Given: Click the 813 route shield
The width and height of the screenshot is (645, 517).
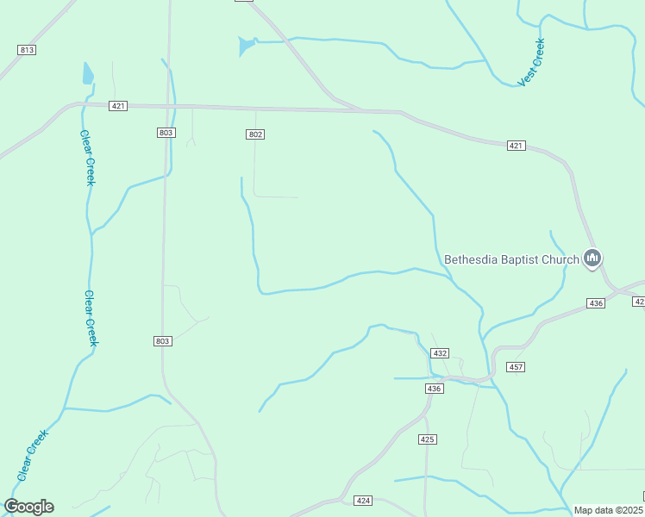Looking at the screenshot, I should point(27,50).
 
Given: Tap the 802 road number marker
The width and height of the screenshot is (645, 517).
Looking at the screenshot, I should point(254,134).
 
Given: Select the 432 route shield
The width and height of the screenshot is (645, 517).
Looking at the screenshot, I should point(441,353).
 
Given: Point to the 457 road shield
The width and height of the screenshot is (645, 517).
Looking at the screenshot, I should point(516,367).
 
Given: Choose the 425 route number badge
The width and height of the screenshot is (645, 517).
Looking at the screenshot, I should point(428,439).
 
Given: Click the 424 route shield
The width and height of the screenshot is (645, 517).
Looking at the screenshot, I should point(363,501).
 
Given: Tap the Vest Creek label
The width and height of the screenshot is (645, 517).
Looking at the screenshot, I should point(531,63).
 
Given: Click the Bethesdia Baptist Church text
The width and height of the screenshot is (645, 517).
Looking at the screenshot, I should point(511,258).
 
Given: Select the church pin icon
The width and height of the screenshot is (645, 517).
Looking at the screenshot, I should point(592,258).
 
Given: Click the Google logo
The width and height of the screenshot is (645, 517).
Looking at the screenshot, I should point(28,507).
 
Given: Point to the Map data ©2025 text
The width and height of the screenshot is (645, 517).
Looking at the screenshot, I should point(609,510).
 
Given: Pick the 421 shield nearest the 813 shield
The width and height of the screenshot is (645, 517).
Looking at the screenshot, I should point(119,106).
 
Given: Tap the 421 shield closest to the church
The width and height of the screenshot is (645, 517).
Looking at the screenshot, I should point(516,146).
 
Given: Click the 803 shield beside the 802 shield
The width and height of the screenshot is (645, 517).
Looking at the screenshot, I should point(166,133).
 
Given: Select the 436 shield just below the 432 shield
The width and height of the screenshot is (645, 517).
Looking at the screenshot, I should point(434,389).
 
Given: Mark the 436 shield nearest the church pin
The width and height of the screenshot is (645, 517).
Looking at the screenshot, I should point(596,303).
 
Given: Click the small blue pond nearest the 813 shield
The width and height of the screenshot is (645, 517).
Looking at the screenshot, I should point(87,73).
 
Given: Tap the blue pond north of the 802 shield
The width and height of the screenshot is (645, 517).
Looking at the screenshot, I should point(247,45).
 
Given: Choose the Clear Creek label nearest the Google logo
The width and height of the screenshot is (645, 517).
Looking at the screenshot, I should point(30,456).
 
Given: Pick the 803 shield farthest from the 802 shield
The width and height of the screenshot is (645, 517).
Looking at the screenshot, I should point(163,341).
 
